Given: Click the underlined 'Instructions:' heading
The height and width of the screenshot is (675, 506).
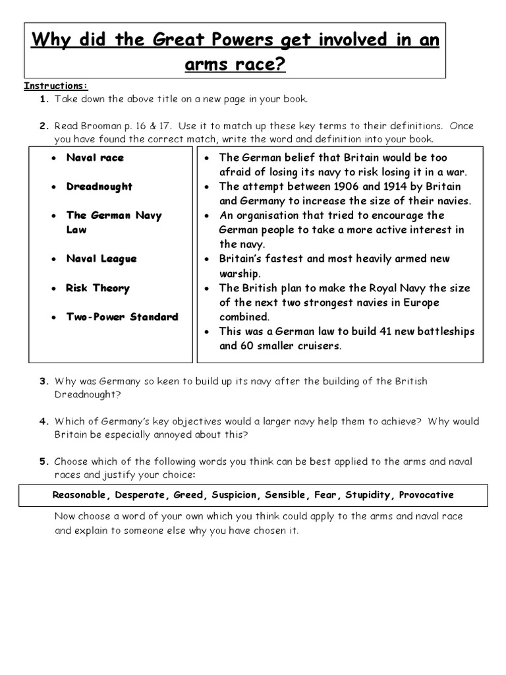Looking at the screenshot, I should click(55, 86).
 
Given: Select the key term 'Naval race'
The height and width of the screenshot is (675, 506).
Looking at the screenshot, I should click(95, 158).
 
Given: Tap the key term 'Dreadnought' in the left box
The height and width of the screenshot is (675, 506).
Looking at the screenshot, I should click(99, 187).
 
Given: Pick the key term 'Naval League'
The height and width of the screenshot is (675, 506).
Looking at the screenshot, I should click(101, 259).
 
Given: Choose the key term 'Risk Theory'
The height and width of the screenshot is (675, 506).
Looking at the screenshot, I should click(98, 288).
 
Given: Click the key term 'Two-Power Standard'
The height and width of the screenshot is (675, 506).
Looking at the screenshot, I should click(122, 317).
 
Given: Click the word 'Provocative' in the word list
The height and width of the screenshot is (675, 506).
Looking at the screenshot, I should click(426, 495).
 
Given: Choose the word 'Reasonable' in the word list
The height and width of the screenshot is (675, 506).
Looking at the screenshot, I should click(80, 495).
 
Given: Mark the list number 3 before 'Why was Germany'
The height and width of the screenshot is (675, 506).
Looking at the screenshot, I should click(43, 382).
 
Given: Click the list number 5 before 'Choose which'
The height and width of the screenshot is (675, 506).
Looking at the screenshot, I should click(43, 461).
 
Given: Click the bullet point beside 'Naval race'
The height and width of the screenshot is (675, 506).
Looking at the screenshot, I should click(53, 158).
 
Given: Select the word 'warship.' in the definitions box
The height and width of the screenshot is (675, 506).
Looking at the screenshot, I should click(240, 274).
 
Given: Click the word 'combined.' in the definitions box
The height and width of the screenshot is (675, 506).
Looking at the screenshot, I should click(244, 317).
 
